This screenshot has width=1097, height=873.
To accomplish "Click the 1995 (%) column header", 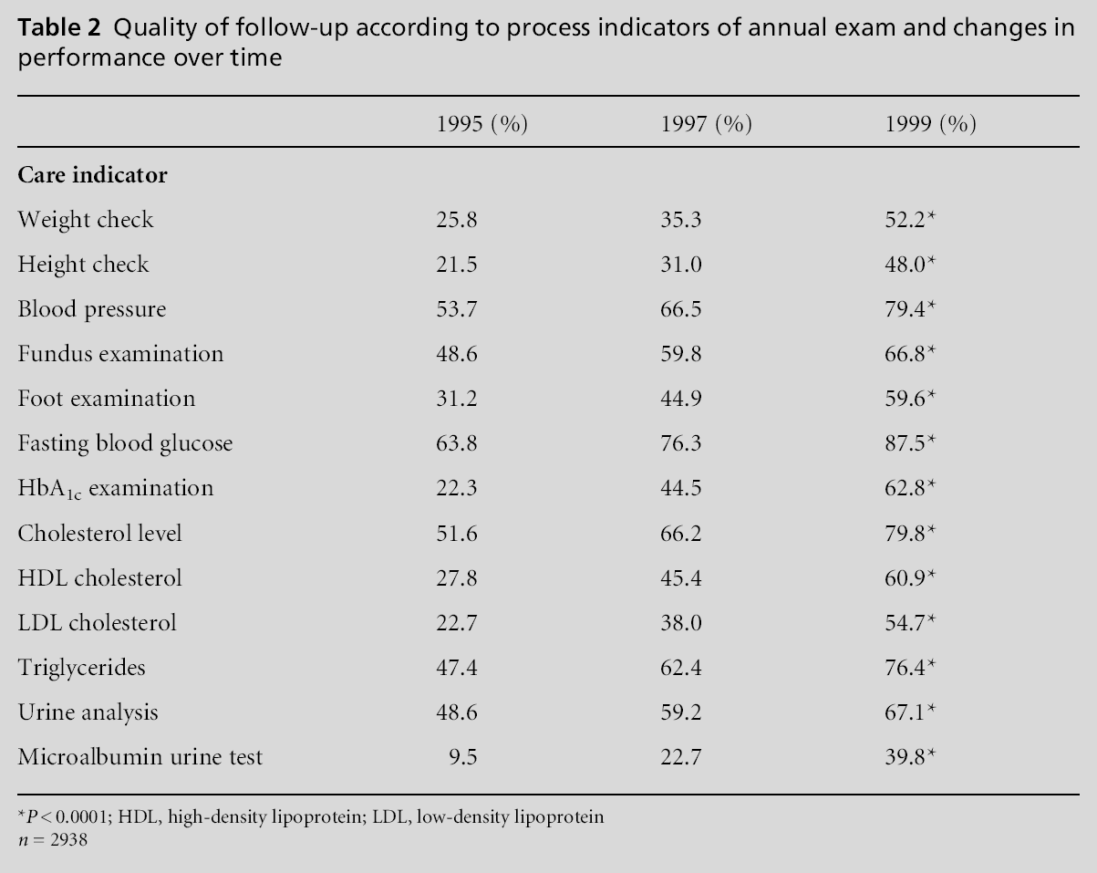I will pos(482,124).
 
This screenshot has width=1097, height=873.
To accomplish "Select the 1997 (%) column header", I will pos(706,124).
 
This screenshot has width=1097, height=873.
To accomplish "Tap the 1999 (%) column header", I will pos(930,124).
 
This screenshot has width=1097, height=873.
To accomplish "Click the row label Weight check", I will pos(86,220).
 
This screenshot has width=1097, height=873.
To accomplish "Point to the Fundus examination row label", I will pos(120,354).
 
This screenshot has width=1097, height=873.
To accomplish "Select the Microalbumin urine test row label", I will pos(140,756).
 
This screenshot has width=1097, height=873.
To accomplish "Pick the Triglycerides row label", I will pos(81,668).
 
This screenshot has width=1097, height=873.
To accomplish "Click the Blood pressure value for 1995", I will pos(458,309).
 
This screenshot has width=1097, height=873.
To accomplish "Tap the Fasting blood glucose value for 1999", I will pos(906,443).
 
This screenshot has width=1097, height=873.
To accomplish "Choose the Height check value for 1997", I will pos(681,265).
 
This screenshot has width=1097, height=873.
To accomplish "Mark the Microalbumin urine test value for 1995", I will pos(463,756).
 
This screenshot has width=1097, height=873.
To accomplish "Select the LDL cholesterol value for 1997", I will pos(681,623).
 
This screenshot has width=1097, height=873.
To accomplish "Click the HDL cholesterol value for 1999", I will pos(906,578).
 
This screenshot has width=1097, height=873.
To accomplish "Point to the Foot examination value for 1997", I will pos(681,399).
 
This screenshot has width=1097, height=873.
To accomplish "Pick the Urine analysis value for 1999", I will pos(906,712).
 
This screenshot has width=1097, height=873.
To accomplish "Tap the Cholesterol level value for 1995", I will pos(458,533).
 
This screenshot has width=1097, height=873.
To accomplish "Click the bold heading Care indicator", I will pos(92,175).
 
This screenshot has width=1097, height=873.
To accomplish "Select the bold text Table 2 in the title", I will pos(57,28).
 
